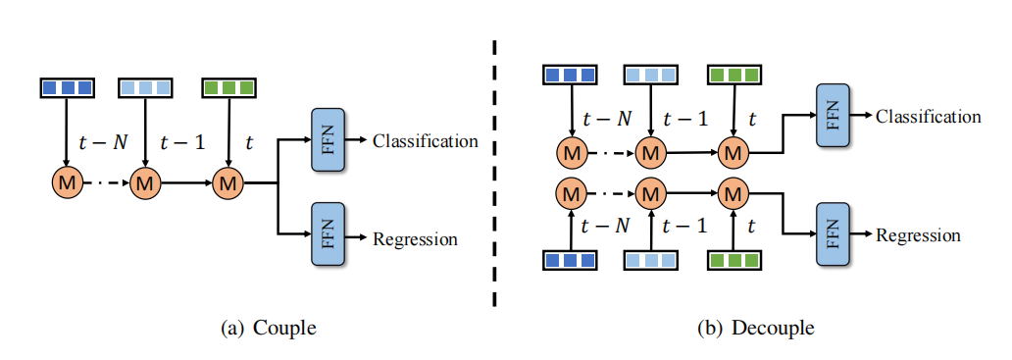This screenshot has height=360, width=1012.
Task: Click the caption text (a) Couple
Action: [269, 328]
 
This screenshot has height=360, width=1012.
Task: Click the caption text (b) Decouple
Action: [755, 328]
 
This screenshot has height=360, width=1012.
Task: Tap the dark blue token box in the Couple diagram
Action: [67, 87]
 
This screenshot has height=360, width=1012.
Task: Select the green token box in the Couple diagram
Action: [228, 87]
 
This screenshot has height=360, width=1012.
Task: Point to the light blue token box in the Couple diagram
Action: [145, 87]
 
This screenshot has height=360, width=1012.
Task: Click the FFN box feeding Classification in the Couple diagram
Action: [328, 139]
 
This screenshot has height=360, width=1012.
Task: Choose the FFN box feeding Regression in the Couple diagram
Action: [328, 233]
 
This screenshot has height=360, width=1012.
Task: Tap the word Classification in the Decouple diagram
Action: [928, 117]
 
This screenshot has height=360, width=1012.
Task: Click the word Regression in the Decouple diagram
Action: [918, 235]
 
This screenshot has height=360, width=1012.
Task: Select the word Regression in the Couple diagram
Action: [415, 238]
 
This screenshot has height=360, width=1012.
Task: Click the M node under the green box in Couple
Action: [228, 182]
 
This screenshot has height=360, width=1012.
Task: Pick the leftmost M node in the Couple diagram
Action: [67, 182]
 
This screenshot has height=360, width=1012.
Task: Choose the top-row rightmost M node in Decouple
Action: [732, 152]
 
